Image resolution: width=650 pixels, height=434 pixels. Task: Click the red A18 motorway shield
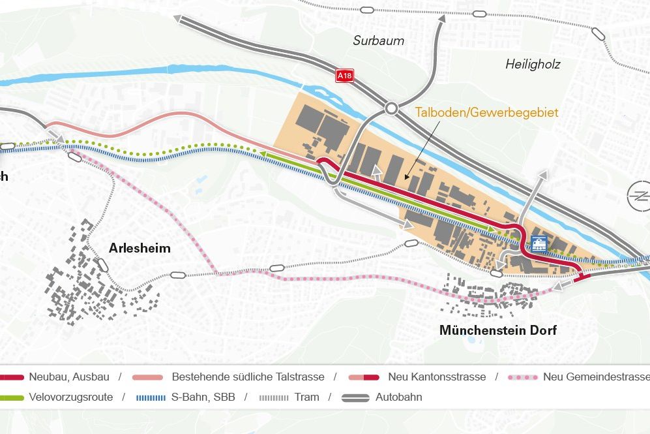coord(344,76)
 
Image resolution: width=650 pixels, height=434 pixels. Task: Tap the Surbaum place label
coord(378,40)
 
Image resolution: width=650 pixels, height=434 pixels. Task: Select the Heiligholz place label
coord(533,64)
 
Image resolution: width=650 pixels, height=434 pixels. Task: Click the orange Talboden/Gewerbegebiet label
coord(486,113)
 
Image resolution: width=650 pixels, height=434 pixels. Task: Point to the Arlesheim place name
coord(140,248)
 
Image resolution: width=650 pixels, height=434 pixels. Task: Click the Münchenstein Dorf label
coord(497,330)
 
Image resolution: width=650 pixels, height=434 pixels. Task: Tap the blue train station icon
coord(539,244)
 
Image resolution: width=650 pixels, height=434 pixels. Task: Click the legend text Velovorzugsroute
coord(70,397)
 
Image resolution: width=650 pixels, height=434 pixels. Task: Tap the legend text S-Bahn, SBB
coord(203,397)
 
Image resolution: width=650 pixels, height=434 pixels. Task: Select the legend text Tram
coord(306,397)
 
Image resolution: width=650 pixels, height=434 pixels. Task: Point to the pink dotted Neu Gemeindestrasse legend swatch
coord(523,377)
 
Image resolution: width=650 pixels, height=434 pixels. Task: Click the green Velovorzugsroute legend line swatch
coord(13,397)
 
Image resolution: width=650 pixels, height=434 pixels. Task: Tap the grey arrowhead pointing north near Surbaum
coord(441,19)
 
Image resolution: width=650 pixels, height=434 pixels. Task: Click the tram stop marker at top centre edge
coord(366,10)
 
